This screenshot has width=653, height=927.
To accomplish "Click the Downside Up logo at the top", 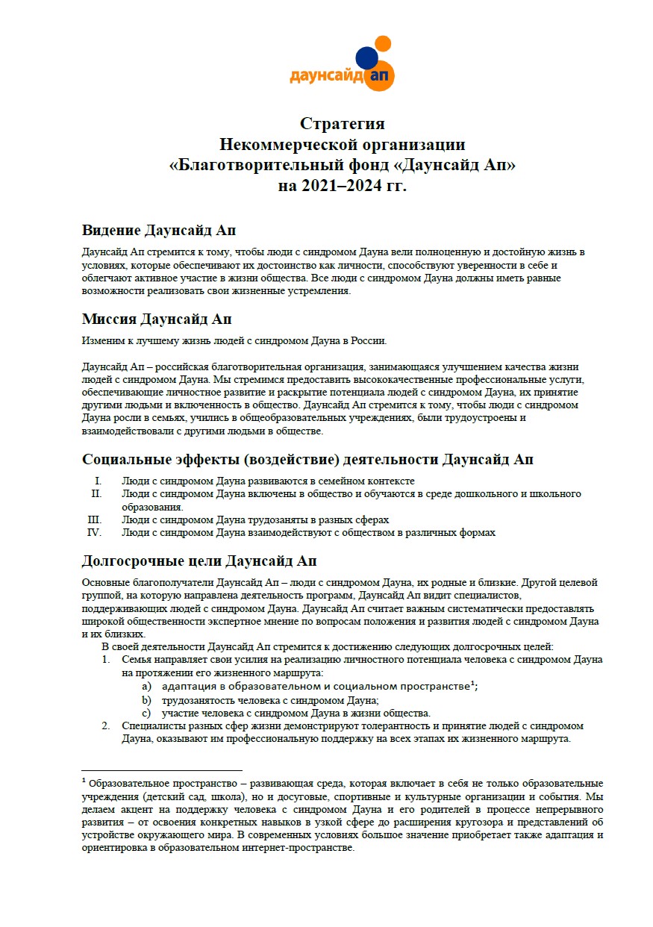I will tap(342, 65).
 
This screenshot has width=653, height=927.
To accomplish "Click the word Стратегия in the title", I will tap(343, 124).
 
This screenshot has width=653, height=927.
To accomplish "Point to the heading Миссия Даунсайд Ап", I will tap(157, 319).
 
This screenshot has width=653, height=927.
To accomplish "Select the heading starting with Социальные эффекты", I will tap(307, 460).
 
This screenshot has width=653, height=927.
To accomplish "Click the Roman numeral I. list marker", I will tap(97, 481).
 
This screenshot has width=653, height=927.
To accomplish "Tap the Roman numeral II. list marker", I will tap(96, 494).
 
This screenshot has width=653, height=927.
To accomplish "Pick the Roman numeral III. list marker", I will tap(94, 519).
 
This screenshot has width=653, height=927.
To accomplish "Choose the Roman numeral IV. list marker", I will tap(95, 532).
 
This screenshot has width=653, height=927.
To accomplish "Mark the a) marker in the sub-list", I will tap(147, 686).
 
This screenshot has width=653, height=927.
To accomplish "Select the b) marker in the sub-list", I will tap(147, 699).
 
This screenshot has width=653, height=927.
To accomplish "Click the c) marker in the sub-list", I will tap(147, 713).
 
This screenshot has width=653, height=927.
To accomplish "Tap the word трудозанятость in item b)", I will tap(196, 699).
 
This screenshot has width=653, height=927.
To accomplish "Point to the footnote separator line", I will tap(161, 770).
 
